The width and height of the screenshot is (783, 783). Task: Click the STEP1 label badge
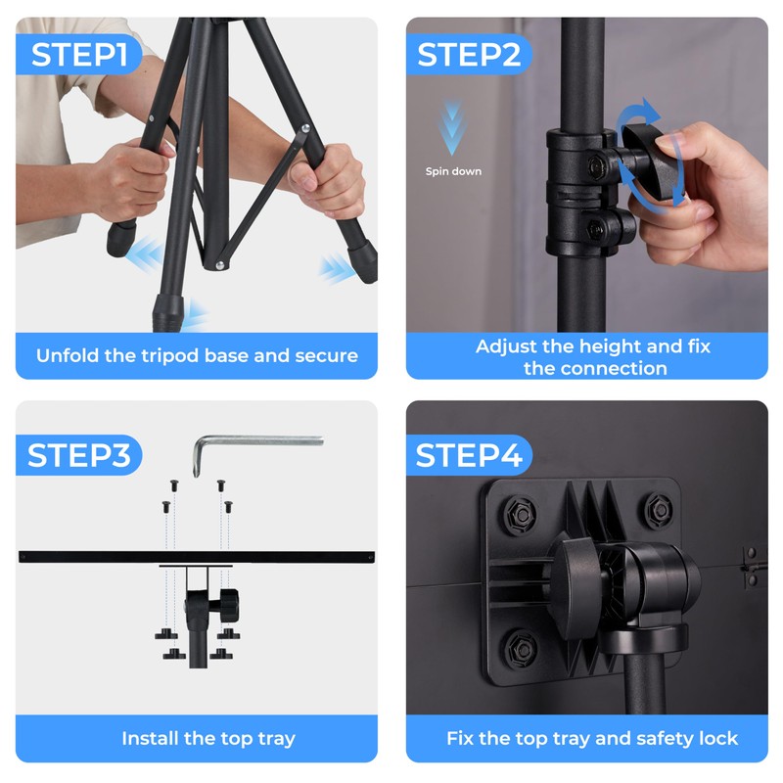point(78,54)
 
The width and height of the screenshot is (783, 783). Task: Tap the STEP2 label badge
point(469,54)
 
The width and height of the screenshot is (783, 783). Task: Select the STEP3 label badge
point(78,455)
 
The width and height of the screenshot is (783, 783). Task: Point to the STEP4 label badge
point(469,455)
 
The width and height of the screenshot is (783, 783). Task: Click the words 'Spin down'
point(453,171)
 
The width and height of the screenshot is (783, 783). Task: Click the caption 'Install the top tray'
point(208,738)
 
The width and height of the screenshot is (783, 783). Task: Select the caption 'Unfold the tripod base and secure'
point(197,355)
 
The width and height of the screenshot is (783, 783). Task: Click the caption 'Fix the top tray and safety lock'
point(592,738)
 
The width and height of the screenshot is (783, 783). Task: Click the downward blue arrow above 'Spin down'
point(452,127)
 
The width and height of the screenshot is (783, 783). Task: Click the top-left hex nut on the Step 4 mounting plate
point(520,512)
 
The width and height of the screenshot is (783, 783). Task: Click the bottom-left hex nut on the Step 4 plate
point(521,648)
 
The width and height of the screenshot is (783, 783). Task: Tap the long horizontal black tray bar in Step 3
point(197,557)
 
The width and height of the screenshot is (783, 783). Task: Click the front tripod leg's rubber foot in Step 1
point(168,313)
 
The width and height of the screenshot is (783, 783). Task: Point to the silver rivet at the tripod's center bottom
point(219,265)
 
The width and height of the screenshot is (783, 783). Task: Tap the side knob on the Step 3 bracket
point(229,605)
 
